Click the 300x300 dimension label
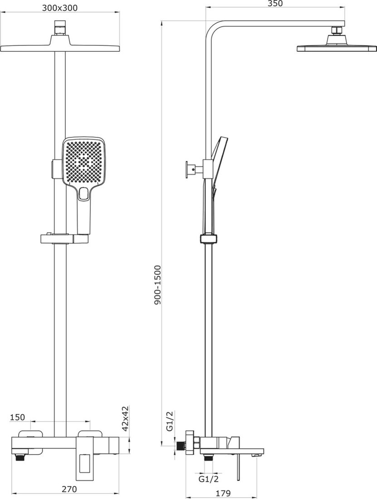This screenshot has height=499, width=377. click(59, 8)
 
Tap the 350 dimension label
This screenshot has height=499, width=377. click(275, 4)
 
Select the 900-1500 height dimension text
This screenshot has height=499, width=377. click(158, 285)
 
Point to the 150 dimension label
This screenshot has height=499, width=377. click(17, 417)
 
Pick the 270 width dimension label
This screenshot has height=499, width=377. click(69, 489)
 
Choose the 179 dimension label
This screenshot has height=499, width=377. click(223, 494)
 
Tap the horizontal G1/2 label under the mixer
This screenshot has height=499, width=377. click(209, 479)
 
